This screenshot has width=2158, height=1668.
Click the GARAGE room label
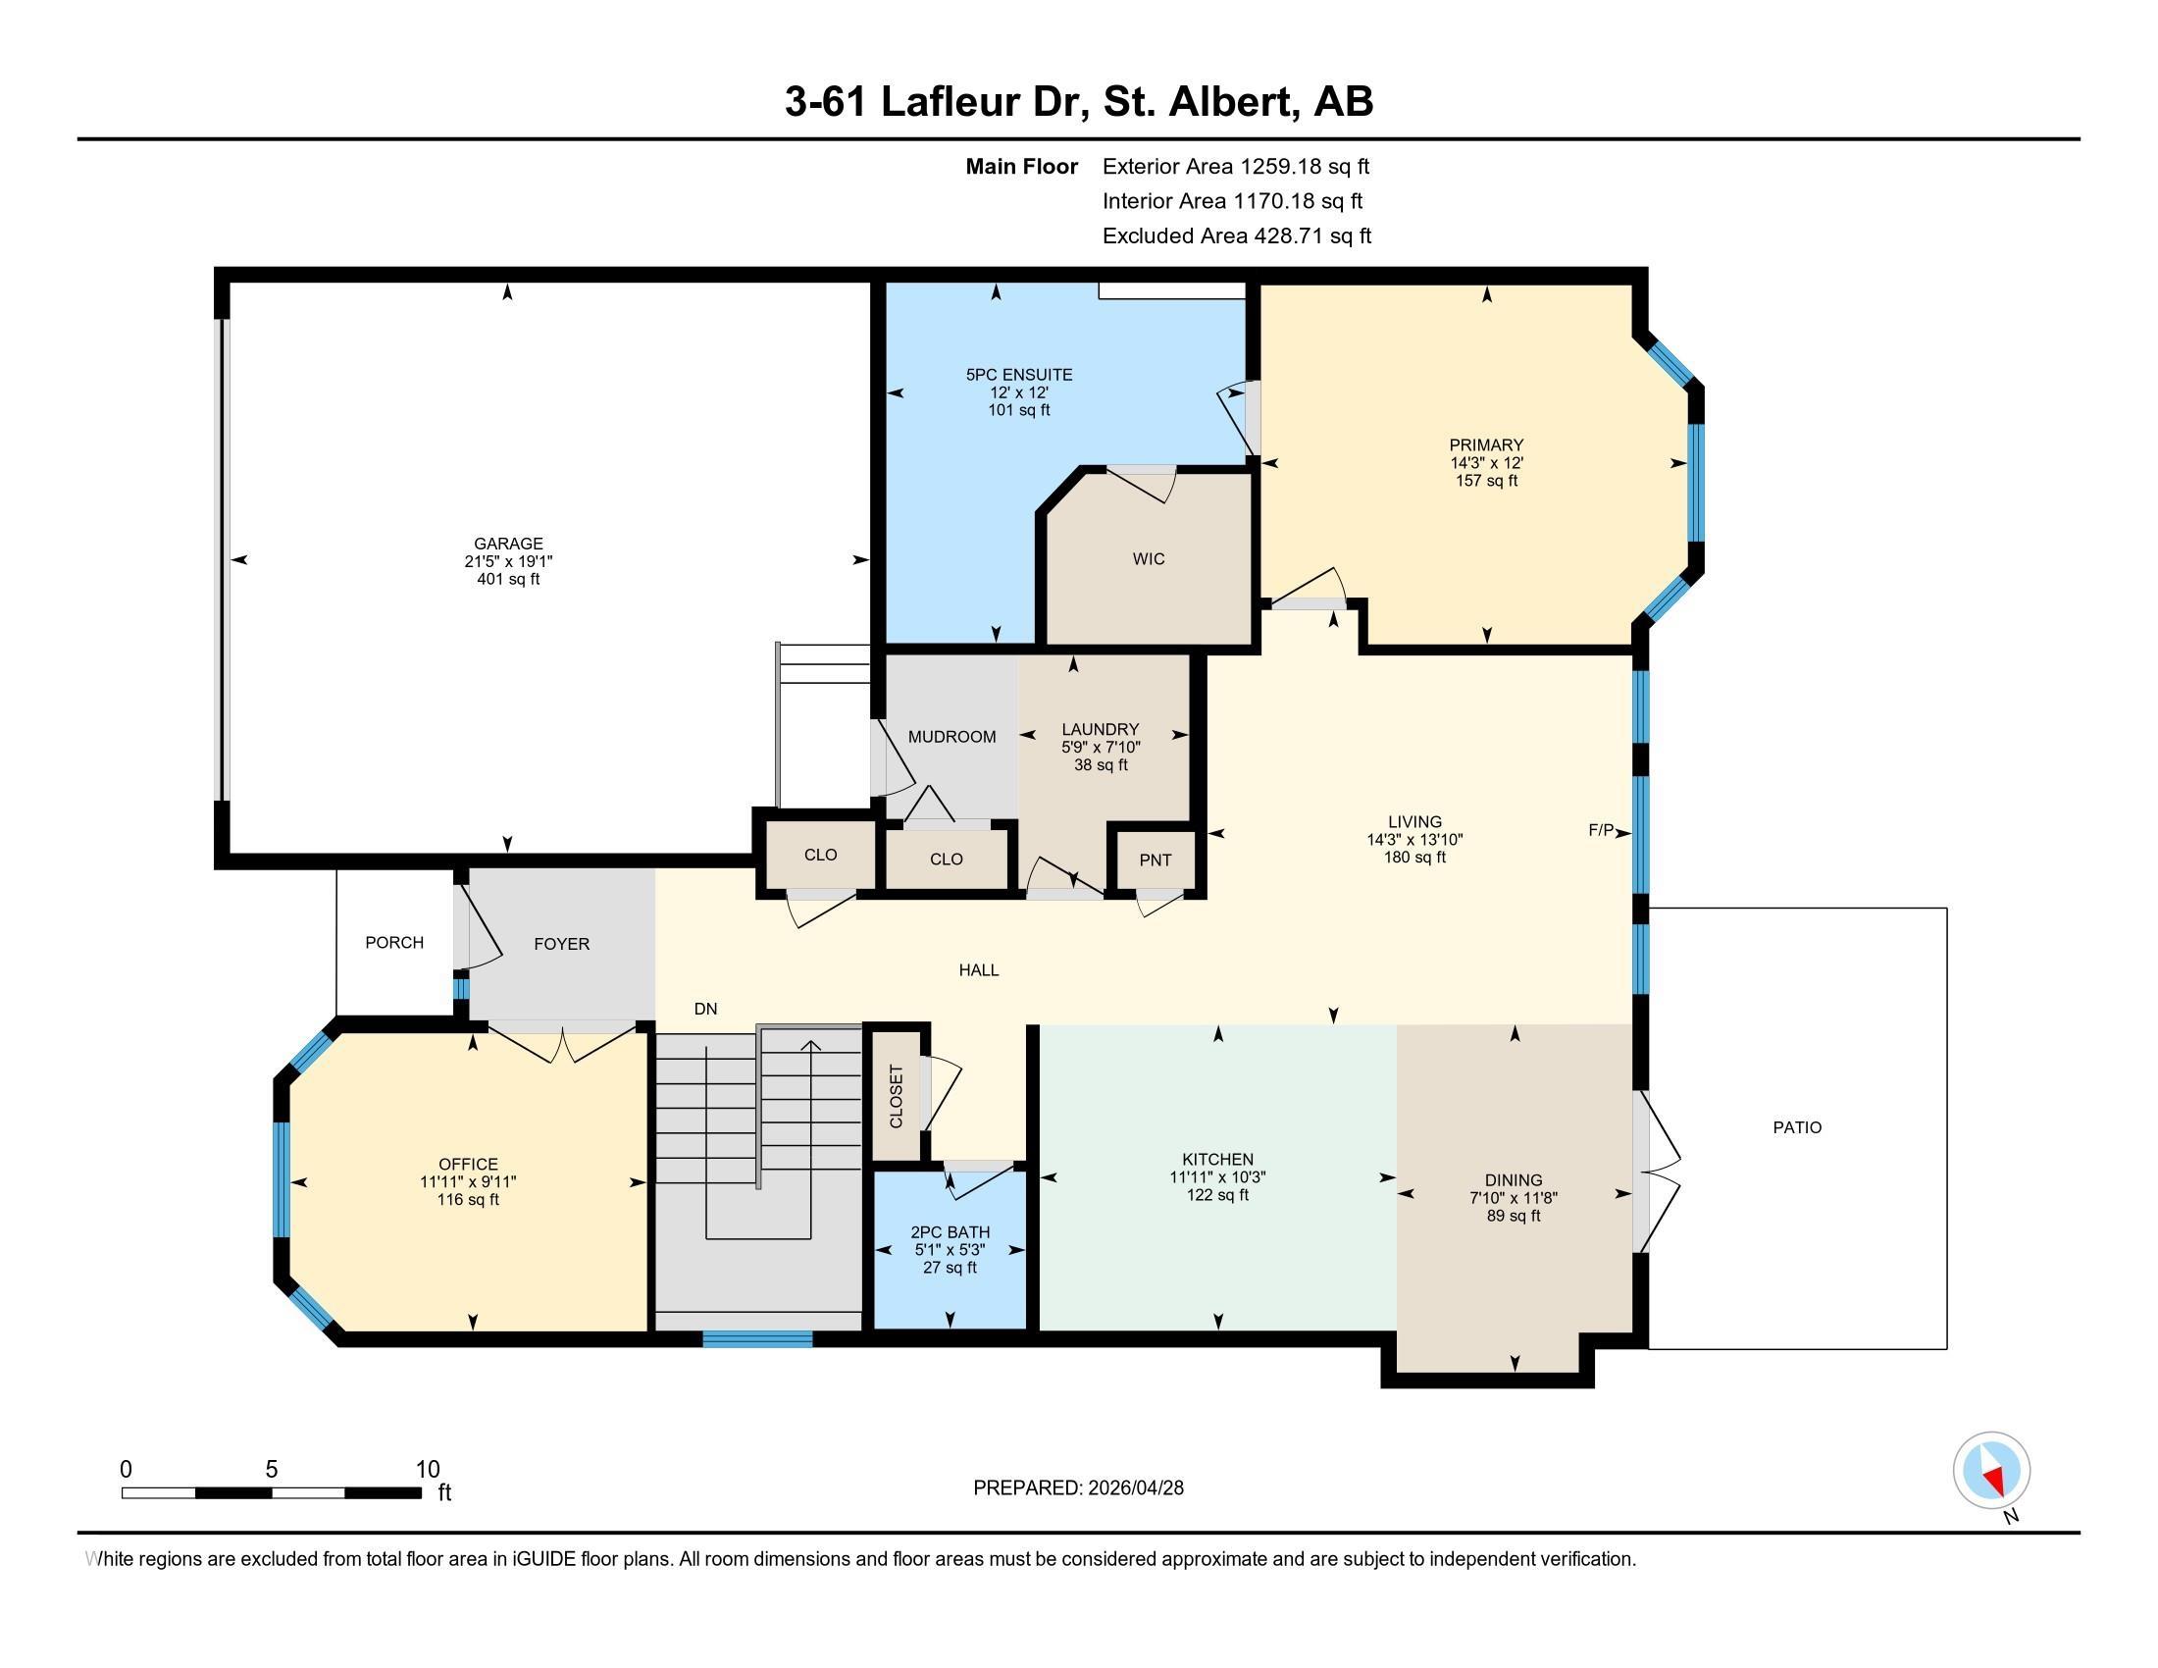point(508,544)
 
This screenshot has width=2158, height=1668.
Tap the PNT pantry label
point(1156,860)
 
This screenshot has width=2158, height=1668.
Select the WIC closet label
point(1149,559)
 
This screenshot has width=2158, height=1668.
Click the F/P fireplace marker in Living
point(1601,830)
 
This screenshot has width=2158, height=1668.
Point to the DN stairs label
point(705,1009)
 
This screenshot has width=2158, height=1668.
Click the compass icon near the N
point(1991,1470)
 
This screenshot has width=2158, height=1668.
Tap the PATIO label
point(1797,1127)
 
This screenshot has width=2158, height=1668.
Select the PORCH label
point(394,943)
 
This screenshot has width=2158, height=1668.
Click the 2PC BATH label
point(951,1232)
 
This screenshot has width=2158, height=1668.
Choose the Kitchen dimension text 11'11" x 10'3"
point(1217,1176)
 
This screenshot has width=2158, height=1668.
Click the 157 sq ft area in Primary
point(1486,480)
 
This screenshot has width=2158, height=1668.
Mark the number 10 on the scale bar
point(427,1469)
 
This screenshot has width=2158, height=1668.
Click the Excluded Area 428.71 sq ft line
point(1237,235)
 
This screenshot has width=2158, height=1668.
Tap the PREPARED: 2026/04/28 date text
point(1078,1487)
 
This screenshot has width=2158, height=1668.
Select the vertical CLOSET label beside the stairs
point(897,1096)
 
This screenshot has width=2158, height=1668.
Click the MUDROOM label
point(951,736)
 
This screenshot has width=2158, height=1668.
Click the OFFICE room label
point(468,1164)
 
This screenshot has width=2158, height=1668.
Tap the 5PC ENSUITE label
point(1019,375)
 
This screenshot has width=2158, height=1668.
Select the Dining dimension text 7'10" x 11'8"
point(1513,1198)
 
